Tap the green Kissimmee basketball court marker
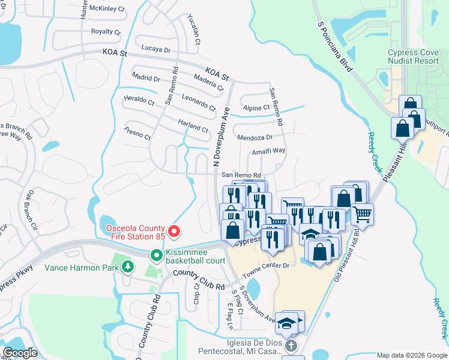click(156, 256)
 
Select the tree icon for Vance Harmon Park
click(127, 266)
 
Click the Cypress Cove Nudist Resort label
click(414, 57)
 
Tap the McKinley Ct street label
click(107, 10)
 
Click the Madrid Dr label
click(146, 79)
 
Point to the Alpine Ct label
click(256, 108)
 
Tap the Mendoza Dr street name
click(255, 137)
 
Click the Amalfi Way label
click(268, 151)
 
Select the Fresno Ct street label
click(137, 133)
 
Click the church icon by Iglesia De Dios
click(291, 346)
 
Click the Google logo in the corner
click(20, 353)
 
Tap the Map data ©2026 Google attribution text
click(412, 355)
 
